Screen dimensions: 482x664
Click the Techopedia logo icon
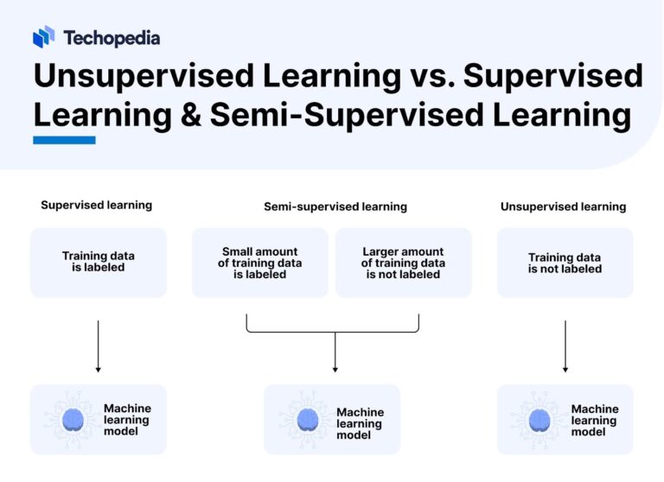click(43, 37)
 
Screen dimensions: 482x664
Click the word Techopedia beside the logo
click(111, 38)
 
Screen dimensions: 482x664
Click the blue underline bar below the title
click(64, 140)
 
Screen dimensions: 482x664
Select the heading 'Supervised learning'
click(96, 206)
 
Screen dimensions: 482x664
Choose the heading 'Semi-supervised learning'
click(335, 207)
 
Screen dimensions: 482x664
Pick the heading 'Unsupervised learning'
click(563, 207)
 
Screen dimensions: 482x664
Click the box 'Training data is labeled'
click(98, 263)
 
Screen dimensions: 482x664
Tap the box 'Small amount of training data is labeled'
click(259, 263)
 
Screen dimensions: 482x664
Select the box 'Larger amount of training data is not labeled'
click(403, 263)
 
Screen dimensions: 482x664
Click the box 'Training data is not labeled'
click(565, 263)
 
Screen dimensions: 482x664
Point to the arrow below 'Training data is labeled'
click(98, 346)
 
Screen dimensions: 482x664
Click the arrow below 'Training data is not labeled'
click(565, 346)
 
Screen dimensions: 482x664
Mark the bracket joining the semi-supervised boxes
click(333, 331)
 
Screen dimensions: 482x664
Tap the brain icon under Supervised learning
click(73, 420)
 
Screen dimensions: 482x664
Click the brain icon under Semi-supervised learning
click(307, 421)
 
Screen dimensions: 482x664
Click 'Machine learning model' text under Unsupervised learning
click(595, 420)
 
